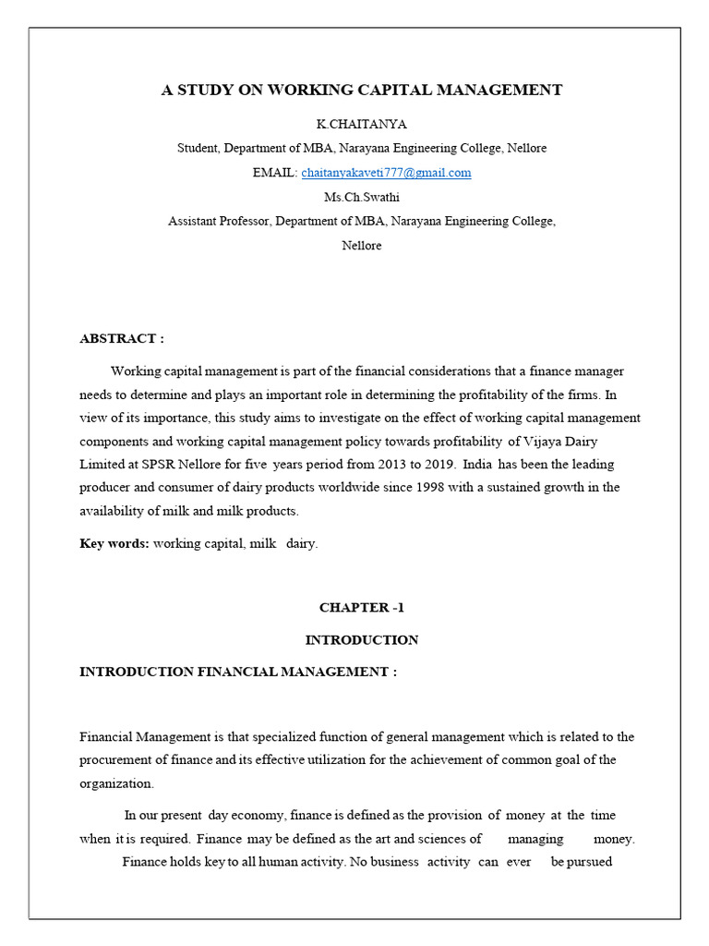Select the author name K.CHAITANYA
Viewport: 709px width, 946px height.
(361, 124)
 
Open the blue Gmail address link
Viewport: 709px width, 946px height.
(386, 173)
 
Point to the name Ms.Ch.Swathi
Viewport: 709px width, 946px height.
(361, 197)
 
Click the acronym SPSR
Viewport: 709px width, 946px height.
(156, 464)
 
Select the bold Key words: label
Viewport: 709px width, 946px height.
(114, 544)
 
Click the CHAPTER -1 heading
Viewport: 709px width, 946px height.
(361, 608)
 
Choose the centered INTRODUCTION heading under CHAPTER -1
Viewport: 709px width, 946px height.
(361, 639)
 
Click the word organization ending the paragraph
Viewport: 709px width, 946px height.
(115, 782)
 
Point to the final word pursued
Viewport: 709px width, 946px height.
(582, 863)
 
